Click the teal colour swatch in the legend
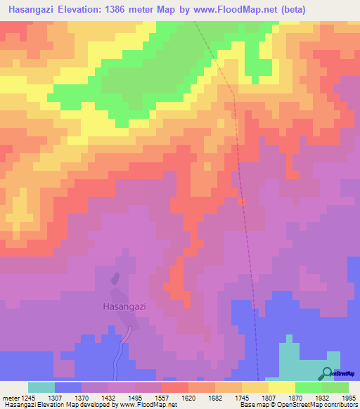tap(41, 387)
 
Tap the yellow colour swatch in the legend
tap(281, 387)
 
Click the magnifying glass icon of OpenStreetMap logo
tap(328, 373)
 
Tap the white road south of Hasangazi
tap(119, 355)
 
